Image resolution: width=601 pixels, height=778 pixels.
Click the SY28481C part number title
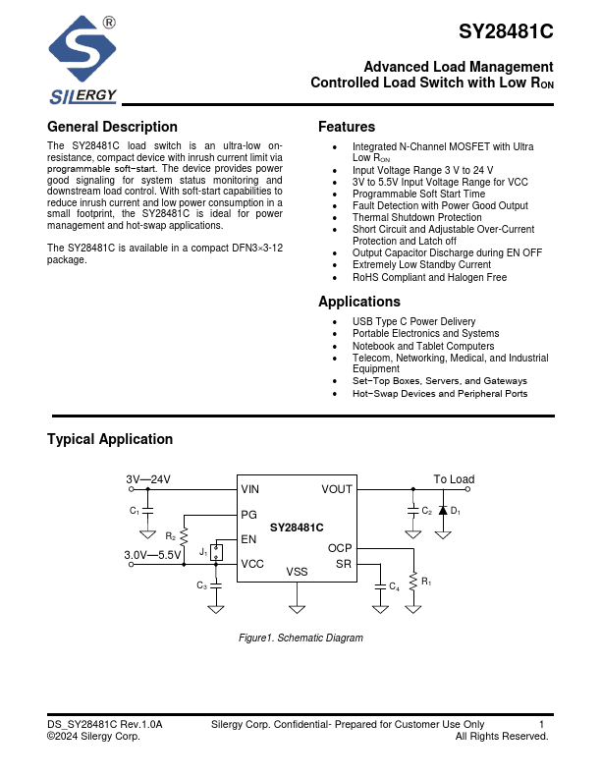pos(506,31)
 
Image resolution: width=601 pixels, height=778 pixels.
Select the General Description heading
pos(112,127)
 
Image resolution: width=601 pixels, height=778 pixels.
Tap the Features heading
pos(346,127)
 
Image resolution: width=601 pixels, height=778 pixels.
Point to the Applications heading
pos(358,302)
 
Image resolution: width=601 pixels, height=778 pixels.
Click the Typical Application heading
pos(110,439)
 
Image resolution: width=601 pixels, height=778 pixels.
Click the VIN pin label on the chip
pos(250,489)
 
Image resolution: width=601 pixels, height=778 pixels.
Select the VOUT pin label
pos(337,489)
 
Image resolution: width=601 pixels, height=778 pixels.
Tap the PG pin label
pos(248,514)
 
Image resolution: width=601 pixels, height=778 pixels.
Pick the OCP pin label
pos(340,549)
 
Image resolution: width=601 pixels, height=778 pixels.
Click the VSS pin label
pos(297,572)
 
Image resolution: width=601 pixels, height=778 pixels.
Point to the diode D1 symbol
pos(443,511)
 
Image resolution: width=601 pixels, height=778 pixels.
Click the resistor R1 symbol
pos(413,582)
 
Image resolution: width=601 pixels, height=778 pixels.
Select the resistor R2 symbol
pos(185,535)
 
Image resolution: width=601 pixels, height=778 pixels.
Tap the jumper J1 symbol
pos(216,553)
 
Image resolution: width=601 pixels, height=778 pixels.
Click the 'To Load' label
pos(454,479)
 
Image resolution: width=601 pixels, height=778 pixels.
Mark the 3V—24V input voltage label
pos(148,479)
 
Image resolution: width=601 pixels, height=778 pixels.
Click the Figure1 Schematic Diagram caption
pos(300,639)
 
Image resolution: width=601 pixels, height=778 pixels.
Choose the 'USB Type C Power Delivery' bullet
pos(413,322)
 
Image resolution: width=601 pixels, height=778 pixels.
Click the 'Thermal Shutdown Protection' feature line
pos(416,218)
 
